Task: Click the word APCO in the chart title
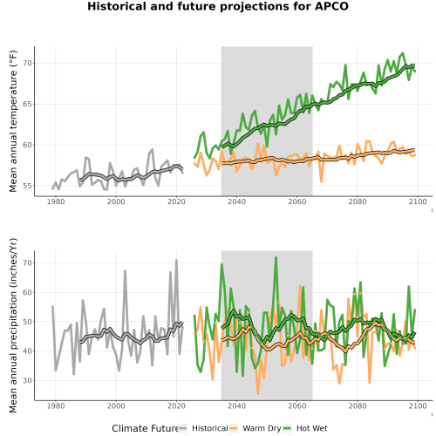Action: (331, 6)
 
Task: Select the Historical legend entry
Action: (203, 428)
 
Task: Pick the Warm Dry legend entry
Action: (255, 428)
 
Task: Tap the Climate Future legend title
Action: (145, 428)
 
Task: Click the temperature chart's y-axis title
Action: (13, 121)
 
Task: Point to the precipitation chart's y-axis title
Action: (13, 325)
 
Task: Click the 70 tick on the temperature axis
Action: (27, 63)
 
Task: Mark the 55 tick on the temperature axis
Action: (27, 186)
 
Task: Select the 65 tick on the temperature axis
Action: (27, 104)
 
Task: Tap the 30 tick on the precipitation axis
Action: (27, 380)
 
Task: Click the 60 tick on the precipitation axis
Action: (27, 292)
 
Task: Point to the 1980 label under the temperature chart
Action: (56, 201)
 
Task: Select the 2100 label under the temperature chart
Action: (418, 201)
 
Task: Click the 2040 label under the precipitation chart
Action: (236, 405)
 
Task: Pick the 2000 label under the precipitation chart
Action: (116, 405)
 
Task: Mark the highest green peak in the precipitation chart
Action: (276, 257)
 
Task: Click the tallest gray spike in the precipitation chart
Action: (176, 261)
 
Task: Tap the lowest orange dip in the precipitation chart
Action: (257, 393)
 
